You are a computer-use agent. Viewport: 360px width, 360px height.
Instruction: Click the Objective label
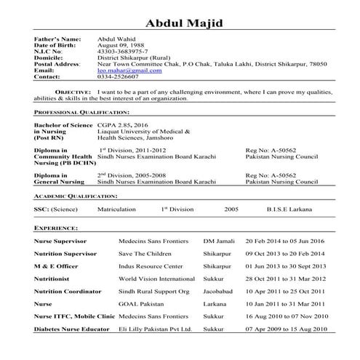tap(73, 92)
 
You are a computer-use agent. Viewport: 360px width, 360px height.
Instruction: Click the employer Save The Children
tap(146, 253)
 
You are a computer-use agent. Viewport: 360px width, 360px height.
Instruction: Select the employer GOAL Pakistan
tap(140, 304)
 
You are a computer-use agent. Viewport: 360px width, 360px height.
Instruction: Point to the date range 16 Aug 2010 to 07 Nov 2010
tap(287, 316)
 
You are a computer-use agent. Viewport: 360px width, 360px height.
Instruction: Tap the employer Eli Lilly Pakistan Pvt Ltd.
tap(154, 329)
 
